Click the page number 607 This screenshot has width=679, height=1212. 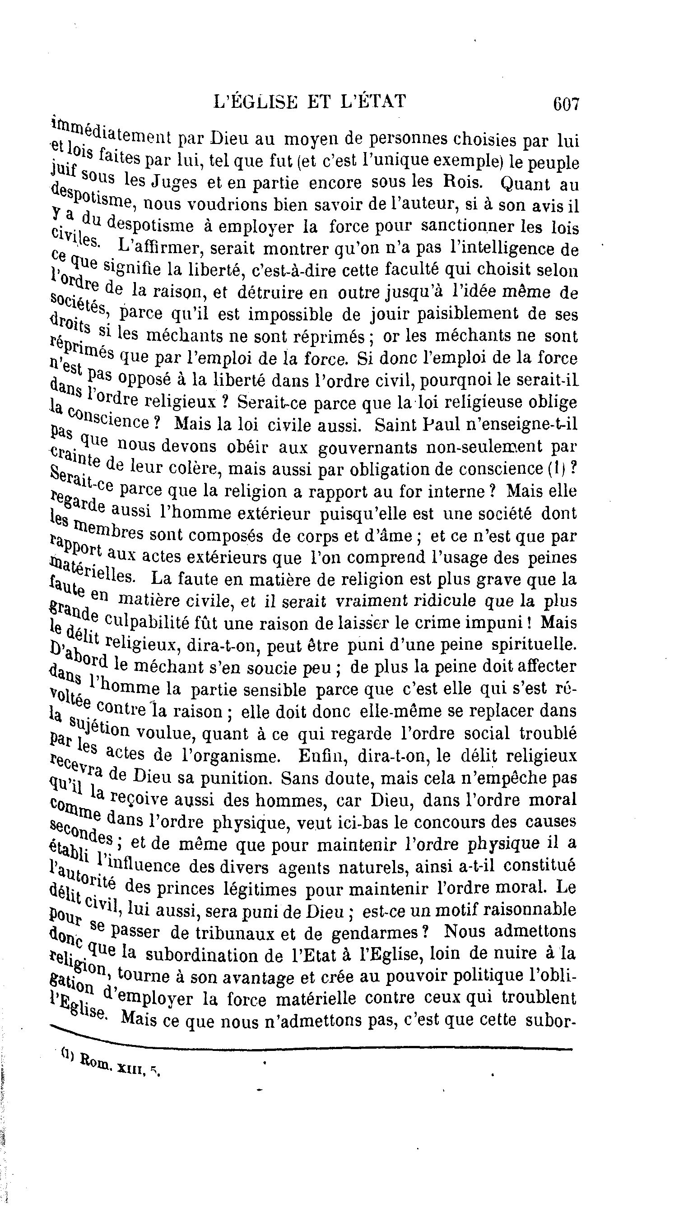566,103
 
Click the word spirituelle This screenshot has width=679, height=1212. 534,644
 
